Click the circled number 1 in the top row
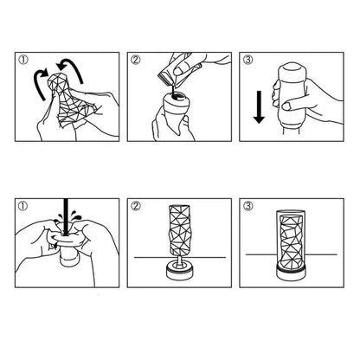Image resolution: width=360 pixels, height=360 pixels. point(22,61)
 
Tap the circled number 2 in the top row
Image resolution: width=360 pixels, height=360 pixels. point(135,61)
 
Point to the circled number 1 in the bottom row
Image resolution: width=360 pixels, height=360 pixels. point(22,208)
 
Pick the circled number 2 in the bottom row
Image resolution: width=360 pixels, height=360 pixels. point(135,208)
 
